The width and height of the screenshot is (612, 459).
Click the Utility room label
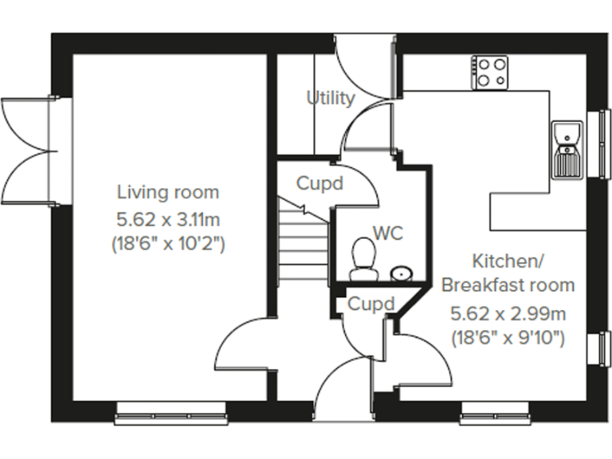tap(331, 98)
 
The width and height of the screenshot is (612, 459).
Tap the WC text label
tap(387, 233)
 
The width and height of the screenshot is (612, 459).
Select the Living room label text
tap(168, 192)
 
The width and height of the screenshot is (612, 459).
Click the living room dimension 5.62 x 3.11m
tap(168, 218)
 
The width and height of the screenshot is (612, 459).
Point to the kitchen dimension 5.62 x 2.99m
tap(508, 312)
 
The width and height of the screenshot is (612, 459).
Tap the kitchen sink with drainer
tap(567, 150)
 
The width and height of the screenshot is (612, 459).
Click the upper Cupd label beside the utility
tap(320, 183)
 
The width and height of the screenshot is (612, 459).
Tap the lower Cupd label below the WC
tap(371, 304)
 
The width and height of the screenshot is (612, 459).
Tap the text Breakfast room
tap(508, 285)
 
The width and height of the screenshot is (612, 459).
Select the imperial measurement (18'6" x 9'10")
tap(508, 337)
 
